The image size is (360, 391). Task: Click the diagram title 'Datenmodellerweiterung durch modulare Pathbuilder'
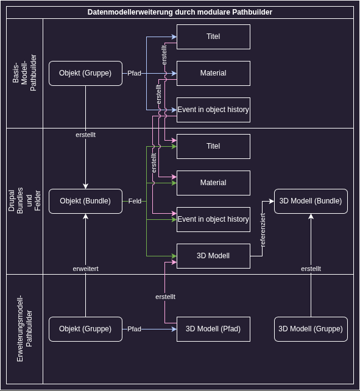coord(180,12)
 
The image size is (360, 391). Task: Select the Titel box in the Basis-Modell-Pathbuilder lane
coord(213,37)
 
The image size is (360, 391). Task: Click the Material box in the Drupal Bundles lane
coord(213,183)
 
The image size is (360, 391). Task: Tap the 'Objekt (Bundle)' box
coord(85,201)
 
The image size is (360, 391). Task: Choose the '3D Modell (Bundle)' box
coord(311,201)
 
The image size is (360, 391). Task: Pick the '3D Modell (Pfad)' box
coord(213,329)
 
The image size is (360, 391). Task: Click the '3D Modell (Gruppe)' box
coord(311,329)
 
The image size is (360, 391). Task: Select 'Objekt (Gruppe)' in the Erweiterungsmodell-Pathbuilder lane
coord(85,329)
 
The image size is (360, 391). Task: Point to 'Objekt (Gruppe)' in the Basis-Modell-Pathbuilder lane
coord(85,73)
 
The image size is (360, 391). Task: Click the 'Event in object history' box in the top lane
coord(213,110)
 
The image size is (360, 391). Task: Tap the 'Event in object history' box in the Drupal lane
coord(213,219)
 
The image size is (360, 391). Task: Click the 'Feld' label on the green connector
coord(135,201)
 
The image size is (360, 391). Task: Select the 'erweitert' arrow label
coord(85,269)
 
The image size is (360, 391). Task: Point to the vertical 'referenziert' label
coord(263,230)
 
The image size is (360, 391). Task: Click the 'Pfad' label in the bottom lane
coord(134,329)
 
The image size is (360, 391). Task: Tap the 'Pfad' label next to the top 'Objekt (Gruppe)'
coord(134,73)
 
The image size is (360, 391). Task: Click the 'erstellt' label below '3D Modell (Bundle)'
coord(311,269)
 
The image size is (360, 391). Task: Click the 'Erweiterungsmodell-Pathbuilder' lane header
coord(24,329)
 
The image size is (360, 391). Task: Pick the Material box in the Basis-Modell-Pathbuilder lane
coord(213,73)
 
